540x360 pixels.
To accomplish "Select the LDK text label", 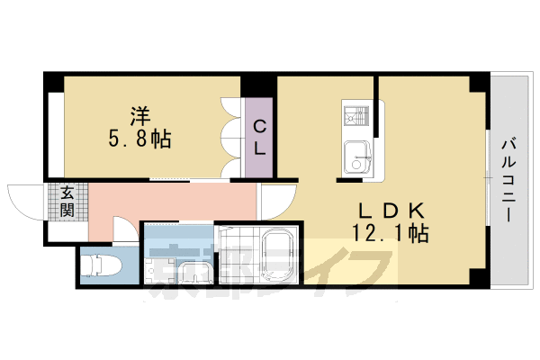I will tap(391, 211).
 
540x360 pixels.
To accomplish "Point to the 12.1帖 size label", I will tap(391, 233).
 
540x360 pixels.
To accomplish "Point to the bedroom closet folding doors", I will tap(230, 135).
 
